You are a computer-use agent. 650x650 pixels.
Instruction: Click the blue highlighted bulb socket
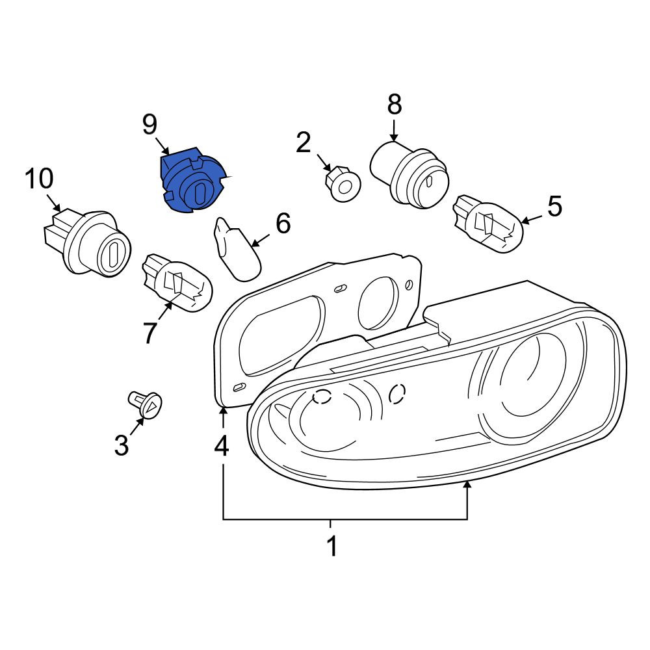pos(194,183)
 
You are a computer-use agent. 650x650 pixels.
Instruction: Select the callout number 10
pos(39,179)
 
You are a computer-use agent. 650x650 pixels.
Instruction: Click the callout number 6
pos(283,224)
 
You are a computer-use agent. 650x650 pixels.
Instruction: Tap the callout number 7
pos(150,333)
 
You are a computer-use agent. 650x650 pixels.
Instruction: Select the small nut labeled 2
pos(343,184)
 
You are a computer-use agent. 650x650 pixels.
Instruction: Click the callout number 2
pos(304,142)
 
